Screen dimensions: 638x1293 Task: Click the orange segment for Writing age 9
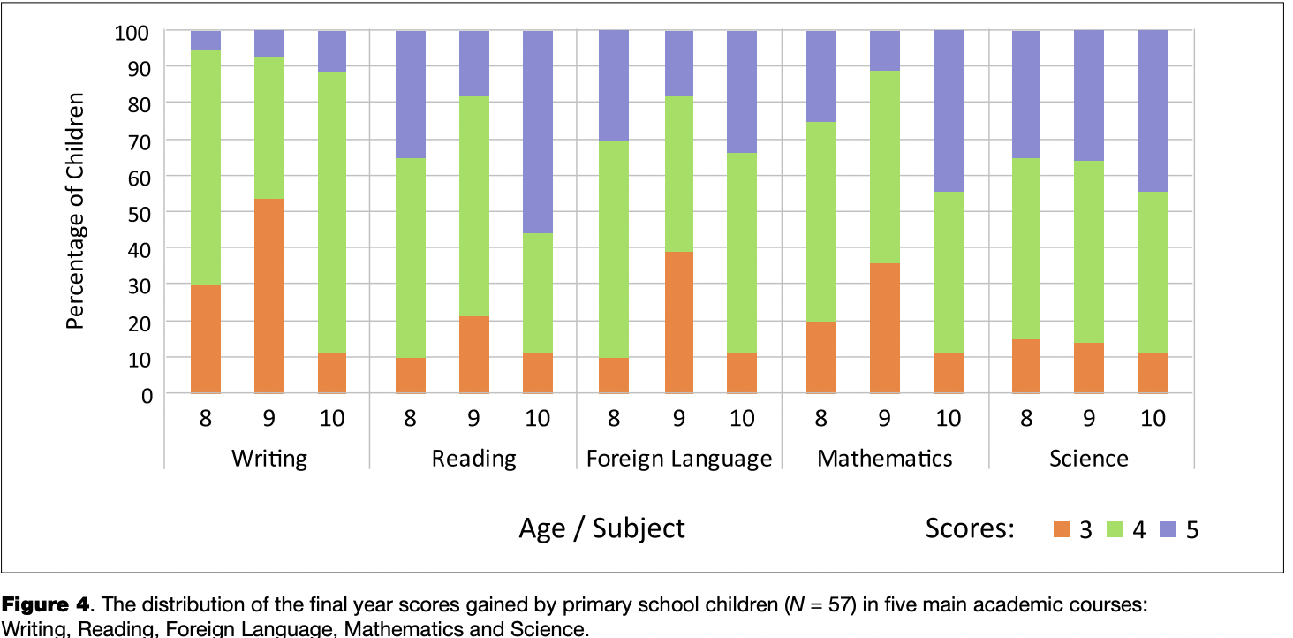[269, 296]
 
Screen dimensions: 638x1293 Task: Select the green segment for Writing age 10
[332, 212]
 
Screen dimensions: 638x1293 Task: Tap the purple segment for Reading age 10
[538, 132]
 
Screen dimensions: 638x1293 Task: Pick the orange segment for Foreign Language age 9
[678, 323]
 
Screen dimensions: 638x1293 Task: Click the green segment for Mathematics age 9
[885, 167]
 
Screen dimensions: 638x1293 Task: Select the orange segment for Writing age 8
[206, 338]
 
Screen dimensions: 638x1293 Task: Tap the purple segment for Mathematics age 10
[949, 111]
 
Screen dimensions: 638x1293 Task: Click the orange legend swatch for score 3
[1061, 529]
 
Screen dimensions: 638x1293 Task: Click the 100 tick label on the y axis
[135, 32]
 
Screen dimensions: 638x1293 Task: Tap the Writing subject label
[269, 459]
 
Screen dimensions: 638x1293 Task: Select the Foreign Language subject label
[679, 459]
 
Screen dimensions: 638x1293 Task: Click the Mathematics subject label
[885, 459]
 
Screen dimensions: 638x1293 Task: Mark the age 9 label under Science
[1090, 418]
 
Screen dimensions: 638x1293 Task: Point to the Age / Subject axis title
[601, 528]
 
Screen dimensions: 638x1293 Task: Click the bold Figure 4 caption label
[46, 605]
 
